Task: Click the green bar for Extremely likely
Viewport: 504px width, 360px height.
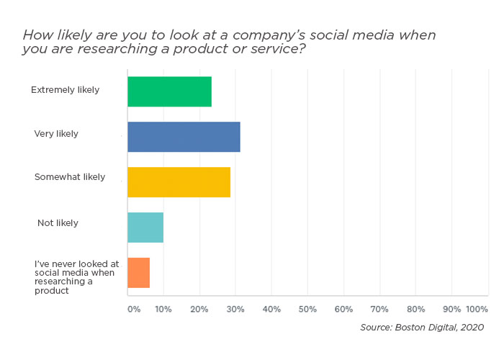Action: coord(169,91)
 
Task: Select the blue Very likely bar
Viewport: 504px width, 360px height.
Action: coord(184,137)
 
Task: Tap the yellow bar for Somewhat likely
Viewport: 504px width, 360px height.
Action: coord(179,182)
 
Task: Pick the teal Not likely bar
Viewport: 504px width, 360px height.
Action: coord(145,228)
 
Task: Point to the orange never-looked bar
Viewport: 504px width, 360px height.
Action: coord(138,273)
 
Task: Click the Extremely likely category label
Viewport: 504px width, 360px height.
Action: coord(65,90)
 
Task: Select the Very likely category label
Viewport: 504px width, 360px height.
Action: coord(56,134)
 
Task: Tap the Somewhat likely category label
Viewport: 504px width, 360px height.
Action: coord(70,177)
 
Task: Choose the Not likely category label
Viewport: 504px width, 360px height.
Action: coord(58,223)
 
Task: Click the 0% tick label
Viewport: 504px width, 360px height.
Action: coord(134,309)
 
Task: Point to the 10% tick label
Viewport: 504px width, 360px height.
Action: coord(163,309)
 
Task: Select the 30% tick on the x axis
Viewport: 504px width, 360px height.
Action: coord(235,309)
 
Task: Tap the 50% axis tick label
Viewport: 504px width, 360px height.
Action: coord(307,309)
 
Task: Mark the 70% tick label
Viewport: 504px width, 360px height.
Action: coord(379,309)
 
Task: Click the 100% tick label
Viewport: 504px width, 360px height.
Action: coord(477,309)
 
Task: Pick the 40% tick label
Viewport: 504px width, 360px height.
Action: coord(271,309)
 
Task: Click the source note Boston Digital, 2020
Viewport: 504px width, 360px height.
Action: coord(422,328)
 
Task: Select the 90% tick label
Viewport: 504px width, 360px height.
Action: coord(451,309)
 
